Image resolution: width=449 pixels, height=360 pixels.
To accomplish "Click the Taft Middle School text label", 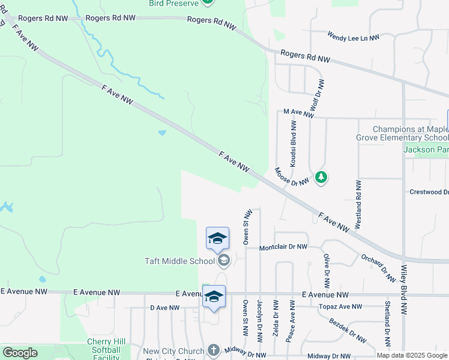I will (179, 261).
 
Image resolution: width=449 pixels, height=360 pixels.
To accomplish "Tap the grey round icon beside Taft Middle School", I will (224, 260).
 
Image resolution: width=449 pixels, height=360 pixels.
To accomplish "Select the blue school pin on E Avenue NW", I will (214, 297).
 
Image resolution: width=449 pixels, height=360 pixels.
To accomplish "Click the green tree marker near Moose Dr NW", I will (322, 177).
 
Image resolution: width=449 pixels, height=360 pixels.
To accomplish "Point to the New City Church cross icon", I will (214, 350).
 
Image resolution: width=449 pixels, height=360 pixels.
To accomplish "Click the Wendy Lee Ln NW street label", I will (354, 37).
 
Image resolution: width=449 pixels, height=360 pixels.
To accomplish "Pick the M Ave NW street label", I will (298, 112).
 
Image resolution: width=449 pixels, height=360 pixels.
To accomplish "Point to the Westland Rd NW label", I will (358, 204).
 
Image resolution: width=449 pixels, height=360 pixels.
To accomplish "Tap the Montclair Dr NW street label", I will (283, 247).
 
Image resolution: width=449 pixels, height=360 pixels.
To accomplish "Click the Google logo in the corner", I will (20, 353).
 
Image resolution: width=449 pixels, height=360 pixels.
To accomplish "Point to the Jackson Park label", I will (426, 149).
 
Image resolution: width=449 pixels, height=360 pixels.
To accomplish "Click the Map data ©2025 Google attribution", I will (411, 355).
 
